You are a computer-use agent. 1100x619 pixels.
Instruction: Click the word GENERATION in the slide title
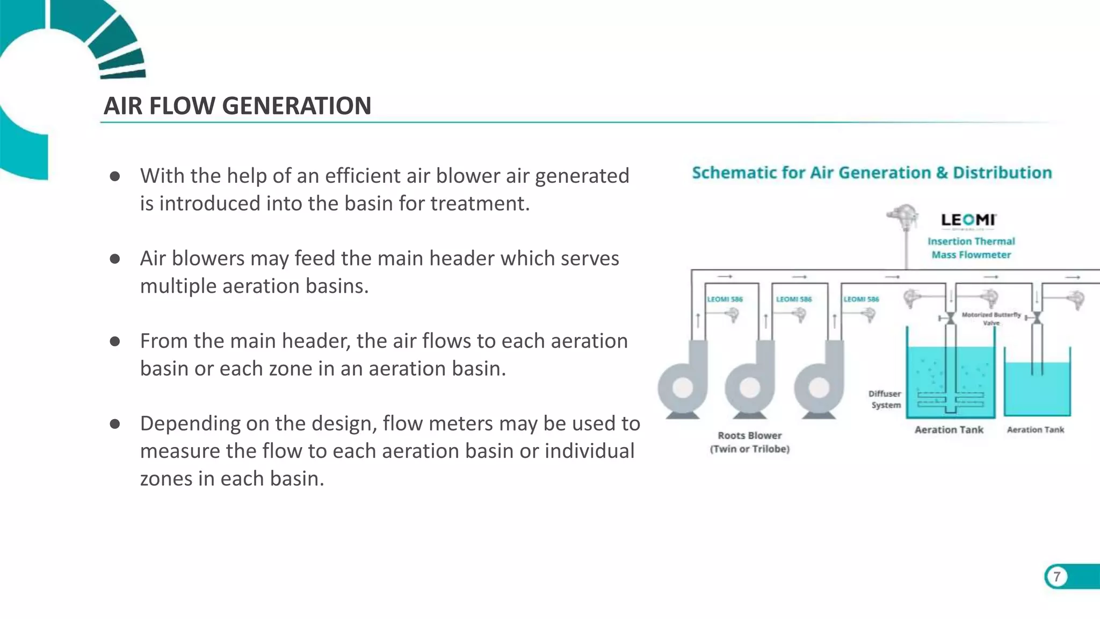point(296,105)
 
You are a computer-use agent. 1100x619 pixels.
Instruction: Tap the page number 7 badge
point(1056,577)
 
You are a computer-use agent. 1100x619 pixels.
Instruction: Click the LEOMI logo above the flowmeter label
point(968,220)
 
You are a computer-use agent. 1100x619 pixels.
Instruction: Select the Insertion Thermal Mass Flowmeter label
point(971,248)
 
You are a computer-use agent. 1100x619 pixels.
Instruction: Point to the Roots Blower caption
point(750,442)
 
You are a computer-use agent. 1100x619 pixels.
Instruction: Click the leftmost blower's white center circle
point(683,387)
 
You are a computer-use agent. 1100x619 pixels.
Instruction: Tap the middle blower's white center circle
point(750,387)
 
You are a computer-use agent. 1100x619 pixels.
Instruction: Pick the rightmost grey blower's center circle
point(819,387)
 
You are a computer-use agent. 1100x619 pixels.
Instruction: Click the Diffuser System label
point(885,399)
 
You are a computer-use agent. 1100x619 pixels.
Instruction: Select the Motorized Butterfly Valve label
point(991,318)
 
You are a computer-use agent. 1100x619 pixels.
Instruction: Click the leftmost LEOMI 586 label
point(725,299)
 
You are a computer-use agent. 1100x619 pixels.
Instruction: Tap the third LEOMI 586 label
point(861,299)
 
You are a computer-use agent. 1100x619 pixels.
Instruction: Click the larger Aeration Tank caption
point(949,429)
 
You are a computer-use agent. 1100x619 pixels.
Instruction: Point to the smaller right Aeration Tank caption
point(1036,429)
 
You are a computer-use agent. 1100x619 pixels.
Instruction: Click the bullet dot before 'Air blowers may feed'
point(114,259)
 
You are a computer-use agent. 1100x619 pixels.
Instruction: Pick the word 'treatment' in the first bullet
point(477,204)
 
